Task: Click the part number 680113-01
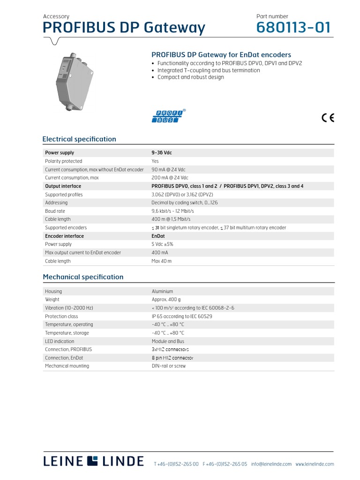(293, 28)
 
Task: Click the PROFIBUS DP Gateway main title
(124, 28)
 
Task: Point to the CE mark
(328, 118)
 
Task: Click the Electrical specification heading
(79, 139)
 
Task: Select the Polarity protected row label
(63, 161)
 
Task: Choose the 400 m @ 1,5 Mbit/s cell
(171, 219)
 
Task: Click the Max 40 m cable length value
(162, 261)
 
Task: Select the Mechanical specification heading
(83, 277)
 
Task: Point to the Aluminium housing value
(162, 292)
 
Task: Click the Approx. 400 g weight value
(166, 300)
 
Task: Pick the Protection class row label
(61, 316)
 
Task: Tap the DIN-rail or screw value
(168, 366)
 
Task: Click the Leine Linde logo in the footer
(93, 461)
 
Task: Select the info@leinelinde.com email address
(271, 464)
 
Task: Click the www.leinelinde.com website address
(315, 464)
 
